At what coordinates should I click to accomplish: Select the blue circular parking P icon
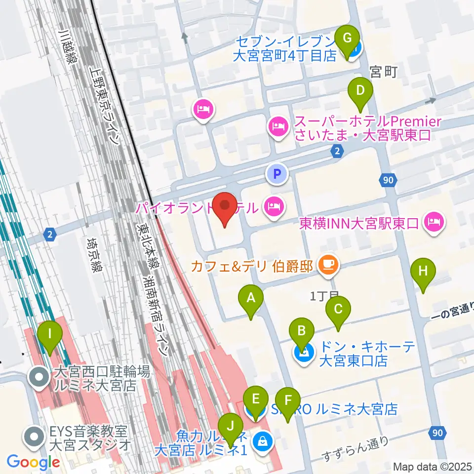pos(277,173)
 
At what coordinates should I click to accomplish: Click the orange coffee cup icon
pos(327,265)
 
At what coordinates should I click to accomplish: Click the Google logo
pos(33,463)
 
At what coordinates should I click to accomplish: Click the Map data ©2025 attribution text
pos(432,467)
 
